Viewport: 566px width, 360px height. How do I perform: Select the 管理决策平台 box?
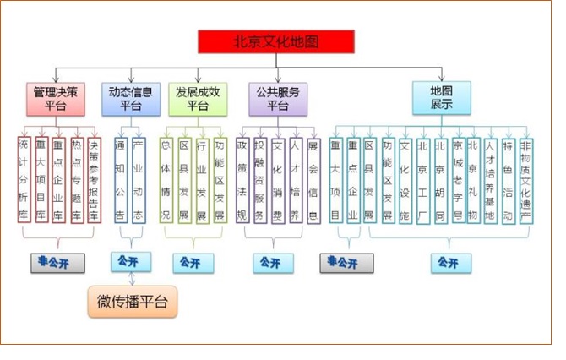click(56, 98)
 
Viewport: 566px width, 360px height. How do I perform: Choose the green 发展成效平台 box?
click(197, 98)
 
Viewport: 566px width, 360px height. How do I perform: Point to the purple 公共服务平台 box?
click(278, 98)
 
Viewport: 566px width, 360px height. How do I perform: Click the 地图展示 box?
click(441, 98)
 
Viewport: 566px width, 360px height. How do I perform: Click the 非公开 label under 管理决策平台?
click(55, 263)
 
